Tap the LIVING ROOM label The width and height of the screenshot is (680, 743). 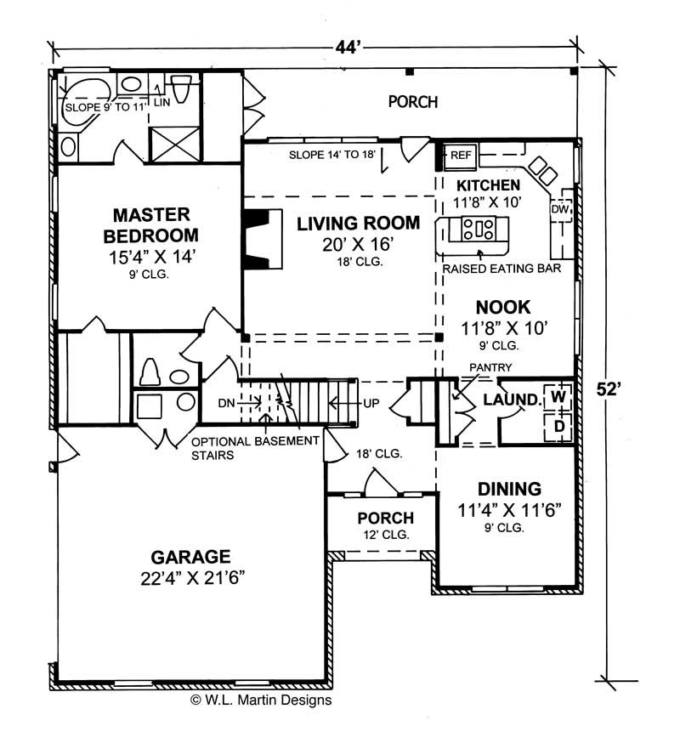click(358, 224)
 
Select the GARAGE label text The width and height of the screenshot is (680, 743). click(190, 557)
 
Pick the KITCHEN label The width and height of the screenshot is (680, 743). click(488, 185)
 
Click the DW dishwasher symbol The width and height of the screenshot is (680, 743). click(559, 209)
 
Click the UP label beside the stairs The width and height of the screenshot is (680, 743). click(371, 402)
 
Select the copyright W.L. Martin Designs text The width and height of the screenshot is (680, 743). click(261, 700)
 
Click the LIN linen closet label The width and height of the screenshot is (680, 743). click(161, 103)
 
